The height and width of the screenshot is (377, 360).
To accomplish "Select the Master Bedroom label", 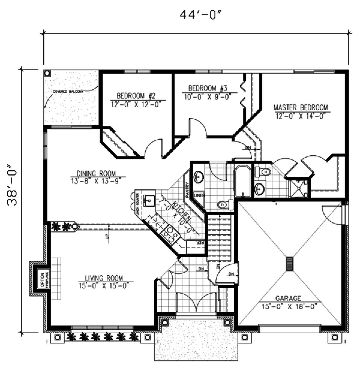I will (301, 107).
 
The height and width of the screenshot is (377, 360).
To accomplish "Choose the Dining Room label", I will (96, 173).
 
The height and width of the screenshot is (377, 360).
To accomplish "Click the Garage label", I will (288, 298).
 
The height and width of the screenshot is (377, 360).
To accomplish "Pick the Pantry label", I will (187, 190).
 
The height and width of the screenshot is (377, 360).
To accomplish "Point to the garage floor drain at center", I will (289, 264).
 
